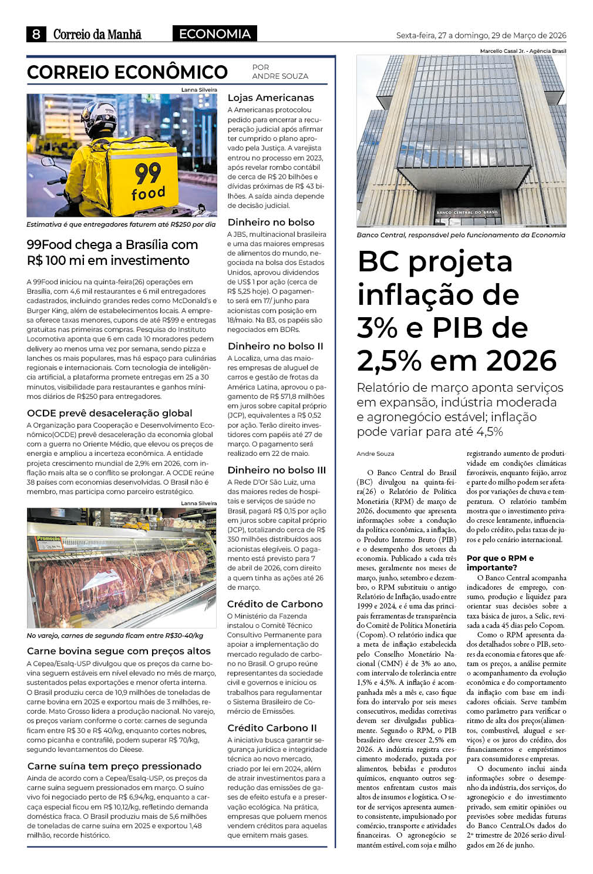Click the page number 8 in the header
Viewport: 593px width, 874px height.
36,34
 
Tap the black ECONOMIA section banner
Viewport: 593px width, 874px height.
214,34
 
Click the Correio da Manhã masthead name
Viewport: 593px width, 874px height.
97,35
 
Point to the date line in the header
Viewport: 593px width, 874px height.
481,35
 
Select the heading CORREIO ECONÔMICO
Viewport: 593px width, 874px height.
127,72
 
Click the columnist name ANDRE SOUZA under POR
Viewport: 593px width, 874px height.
280,76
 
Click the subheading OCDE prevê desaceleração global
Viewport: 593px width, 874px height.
110,413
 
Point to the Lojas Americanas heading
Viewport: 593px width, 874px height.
271,98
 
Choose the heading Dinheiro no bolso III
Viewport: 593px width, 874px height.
277,470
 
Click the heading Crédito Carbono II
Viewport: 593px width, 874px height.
272,728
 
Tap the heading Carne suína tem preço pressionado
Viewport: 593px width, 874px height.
114,767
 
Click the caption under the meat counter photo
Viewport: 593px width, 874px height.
115,636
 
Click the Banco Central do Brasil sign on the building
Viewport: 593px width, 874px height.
467,211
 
